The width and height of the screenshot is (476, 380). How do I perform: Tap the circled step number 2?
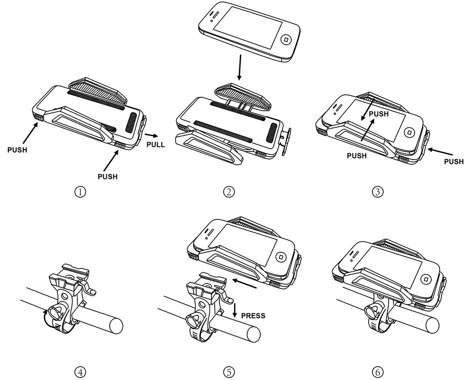point(229,192)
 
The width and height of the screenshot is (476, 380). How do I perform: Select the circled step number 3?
point(378,192)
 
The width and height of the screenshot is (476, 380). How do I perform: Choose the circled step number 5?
point(229,371)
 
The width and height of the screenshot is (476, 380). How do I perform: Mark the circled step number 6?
point(378,371)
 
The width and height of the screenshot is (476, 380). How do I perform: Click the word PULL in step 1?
point(156,144)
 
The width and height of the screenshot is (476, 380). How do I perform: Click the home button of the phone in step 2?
point(286,40)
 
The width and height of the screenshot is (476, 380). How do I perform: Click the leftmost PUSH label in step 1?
point(17,150)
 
